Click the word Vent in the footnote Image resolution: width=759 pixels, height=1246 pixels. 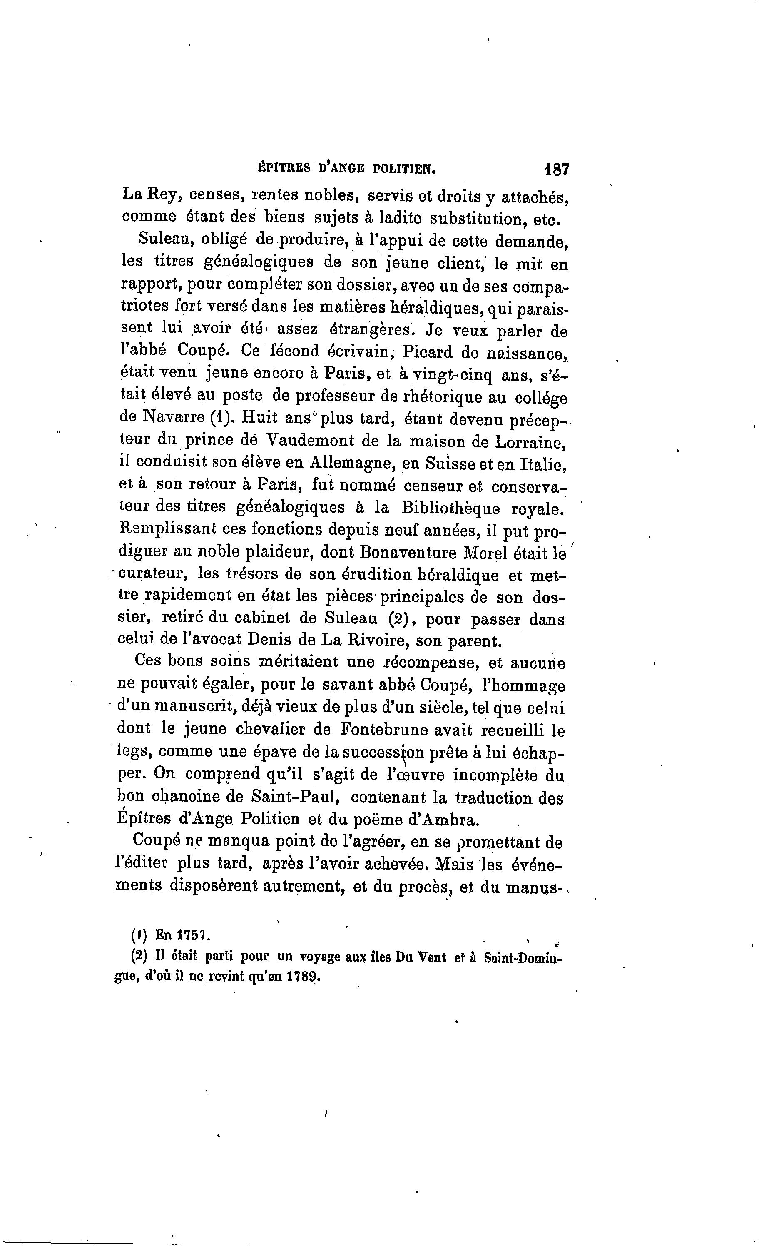pyautogui.click(x=430, y=958)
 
